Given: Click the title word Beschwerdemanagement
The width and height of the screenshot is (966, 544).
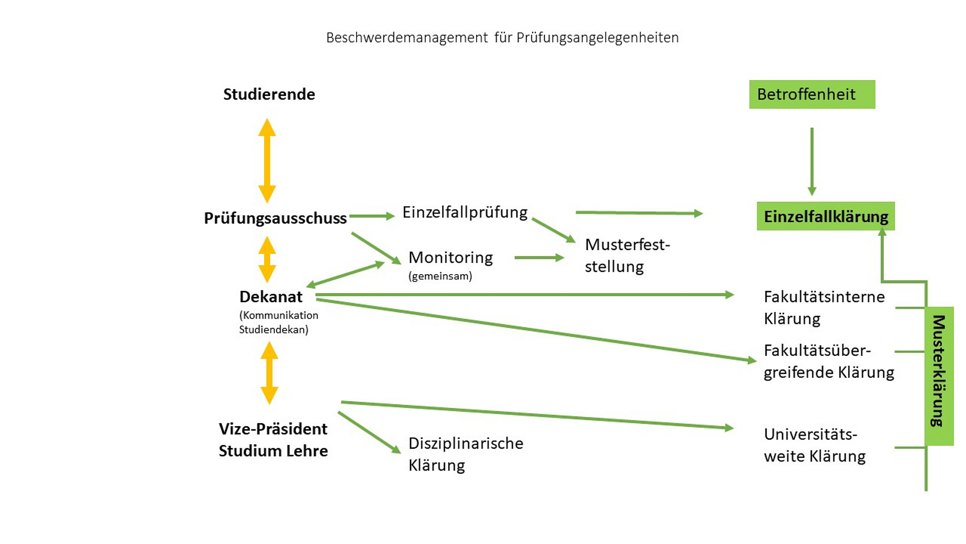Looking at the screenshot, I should click(407, 38).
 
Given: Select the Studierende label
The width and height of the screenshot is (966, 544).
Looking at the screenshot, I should click(269, 94).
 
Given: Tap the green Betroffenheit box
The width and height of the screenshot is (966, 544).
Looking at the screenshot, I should click(811, 94).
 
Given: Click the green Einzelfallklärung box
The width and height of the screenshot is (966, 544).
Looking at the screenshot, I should click(825, 216).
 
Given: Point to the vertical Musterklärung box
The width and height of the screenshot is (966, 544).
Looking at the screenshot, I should click(939, 376).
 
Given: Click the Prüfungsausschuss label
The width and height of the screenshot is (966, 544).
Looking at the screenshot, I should click(275, 218).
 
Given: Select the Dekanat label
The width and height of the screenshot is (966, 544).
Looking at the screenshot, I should click(270, 297).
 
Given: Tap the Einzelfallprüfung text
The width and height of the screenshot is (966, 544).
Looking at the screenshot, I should click(465, 212).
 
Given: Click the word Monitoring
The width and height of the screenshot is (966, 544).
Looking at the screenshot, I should click(451, 257).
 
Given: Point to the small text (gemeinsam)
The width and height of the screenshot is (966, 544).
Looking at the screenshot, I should click(440, 276).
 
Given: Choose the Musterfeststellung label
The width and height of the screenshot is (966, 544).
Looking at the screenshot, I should click(627, 256).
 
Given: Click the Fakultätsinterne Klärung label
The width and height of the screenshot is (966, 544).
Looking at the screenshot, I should click(824, 308).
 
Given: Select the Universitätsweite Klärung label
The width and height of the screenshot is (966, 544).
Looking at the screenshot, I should click(815, 445).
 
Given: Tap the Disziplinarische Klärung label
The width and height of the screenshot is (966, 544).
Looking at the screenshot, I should click(465, 454).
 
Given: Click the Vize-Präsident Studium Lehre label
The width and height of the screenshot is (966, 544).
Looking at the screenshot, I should click(273, 440).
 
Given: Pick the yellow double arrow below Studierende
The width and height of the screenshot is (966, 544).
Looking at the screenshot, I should click(267, 160).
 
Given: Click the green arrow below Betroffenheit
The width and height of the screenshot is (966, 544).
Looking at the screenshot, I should click(812, 161).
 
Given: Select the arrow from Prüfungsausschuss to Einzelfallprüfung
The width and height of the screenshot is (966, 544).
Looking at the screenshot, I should click(372, 216).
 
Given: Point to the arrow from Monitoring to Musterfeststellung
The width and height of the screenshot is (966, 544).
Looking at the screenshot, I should click(539, 258).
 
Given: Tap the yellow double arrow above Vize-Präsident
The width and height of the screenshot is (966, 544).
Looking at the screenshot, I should click(269, 373).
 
